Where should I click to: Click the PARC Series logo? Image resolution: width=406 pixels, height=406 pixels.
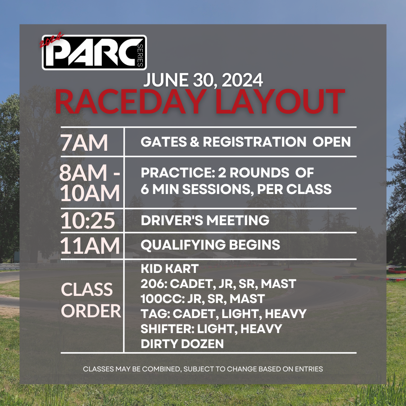[x=94, y=53]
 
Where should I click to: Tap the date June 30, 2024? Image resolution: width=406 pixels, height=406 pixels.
[x=203, y=80]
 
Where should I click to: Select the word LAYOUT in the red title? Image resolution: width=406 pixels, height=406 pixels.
[x=280, y=101]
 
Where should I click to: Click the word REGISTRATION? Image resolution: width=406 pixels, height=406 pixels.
[x=254, y=142]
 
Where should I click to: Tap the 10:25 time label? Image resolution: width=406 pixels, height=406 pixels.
[x=88, y=221]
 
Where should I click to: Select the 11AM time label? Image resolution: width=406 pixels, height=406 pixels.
[x=90, y=246]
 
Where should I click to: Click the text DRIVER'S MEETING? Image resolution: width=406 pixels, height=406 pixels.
[x=205, y=220]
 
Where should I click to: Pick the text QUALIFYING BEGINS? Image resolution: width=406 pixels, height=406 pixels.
[x=210, y=245]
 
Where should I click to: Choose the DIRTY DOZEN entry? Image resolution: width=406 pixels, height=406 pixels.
[x=182, y=343]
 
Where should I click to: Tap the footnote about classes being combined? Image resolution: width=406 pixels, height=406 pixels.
[x=203, y=369]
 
